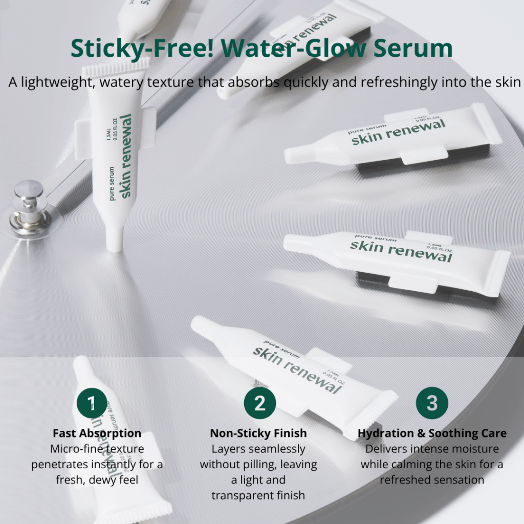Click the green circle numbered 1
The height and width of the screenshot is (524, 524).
point(93,404)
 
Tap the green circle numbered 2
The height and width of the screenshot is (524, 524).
point(260,403)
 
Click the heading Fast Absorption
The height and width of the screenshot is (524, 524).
point(97,433)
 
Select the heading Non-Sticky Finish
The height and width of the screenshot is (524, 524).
point(258,433)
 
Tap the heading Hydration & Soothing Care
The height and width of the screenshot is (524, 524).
point(432,433)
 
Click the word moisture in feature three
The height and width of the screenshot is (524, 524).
point(474,449)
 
